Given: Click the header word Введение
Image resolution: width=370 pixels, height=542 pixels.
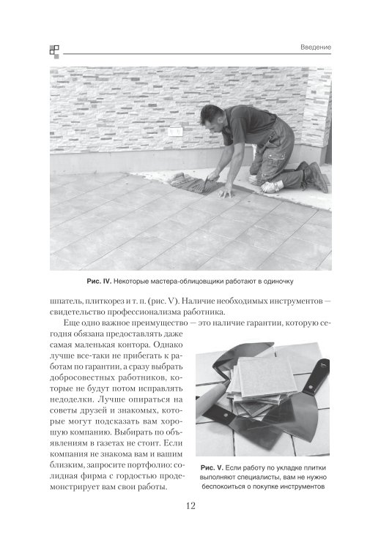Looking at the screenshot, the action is (315, 47).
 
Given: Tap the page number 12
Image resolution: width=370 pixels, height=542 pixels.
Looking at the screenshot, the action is (190, 505).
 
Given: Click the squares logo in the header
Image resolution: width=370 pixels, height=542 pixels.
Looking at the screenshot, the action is (54, 51).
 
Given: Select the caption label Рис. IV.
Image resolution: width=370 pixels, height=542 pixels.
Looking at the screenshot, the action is (99, 282).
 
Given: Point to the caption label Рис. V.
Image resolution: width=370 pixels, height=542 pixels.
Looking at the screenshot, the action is (212, 468).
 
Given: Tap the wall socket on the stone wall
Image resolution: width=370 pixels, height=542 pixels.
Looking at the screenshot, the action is (176, 132).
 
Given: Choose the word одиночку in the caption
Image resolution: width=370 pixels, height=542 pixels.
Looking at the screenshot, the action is (278, 282).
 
